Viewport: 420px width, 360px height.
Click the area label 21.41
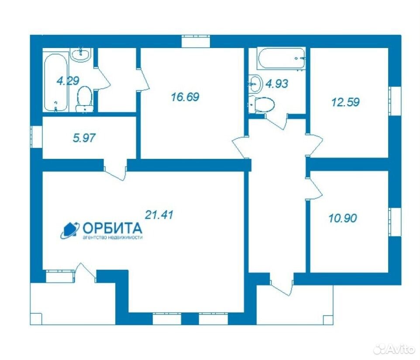tap(159, 215)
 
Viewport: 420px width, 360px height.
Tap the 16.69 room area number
tap(185, 97)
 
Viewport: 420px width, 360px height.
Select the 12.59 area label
tap(345, 102)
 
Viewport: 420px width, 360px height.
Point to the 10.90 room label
tap(343, 218)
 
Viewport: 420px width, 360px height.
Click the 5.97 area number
tap(84, 138)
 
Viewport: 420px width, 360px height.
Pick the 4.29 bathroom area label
tap(68, 81)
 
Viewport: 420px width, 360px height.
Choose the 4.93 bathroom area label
tap(277, 84)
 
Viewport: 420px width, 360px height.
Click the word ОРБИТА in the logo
tap(112, 228)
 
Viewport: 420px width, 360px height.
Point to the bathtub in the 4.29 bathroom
tap(56, 82)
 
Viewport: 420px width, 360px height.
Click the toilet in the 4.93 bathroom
tap(262, 104)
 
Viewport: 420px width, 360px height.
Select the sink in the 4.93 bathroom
tap(255, 84)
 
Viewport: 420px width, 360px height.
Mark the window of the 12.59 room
tap(395, 101)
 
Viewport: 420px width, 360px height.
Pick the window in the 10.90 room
tap(395, 222)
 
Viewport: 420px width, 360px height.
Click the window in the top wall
tap(195, 41)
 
